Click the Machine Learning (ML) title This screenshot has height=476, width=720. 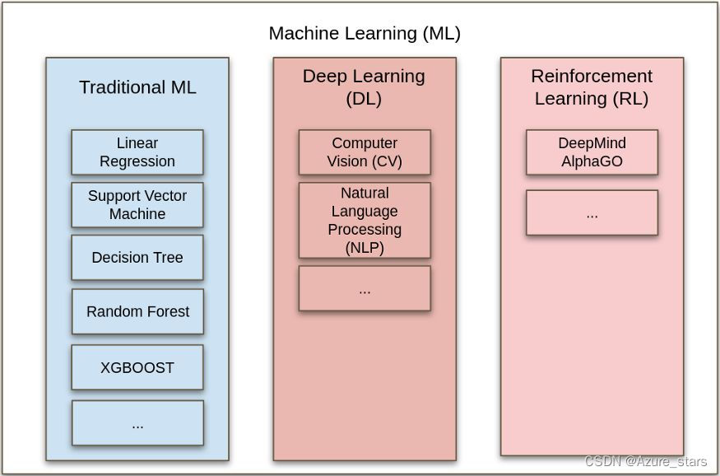click(365, 34)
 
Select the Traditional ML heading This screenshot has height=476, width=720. click(137, 87)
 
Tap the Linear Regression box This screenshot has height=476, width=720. click(137, 152)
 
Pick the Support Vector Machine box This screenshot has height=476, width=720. click(137, 205)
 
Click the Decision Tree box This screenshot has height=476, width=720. click(137, 258)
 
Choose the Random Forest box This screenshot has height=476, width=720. click(137, 311)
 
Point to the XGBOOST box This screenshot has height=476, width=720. click(137, 367)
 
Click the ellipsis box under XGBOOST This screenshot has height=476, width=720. click(137, 423)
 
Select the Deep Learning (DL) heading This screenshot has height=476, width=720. click(364, 87)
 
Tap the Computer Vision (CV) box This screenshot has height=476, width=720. click(365, 152)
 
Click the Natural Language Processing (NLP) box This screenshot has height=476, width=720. click(365, 220)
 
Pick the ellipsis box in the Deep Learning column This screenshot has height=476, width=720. click(365, 288)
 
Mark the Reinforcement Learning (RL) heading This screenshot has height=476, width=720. click(592, 87)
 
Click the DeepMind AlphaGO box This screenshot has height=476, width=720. click(592, 152)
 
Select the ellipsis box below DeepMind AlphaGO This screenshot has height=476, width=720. click(592, 213)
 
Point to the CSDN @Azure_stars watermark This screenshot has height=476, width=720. click(646, 462)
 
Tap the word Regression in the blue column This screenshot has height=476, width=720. click(137, 161)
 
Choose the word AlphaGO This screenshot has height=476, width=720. click(592, 161)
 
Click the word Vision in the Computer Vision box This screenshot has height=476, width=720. click(346, 161)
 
